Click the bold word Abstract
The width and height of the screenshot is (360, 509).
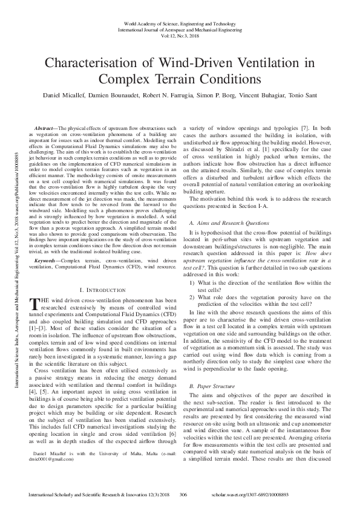coord(44,129)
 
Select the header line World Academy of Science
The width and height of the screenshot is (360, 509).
coord(180,22)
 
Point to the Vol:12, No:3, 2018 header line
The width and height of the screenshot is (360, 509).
coord(180,35)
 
